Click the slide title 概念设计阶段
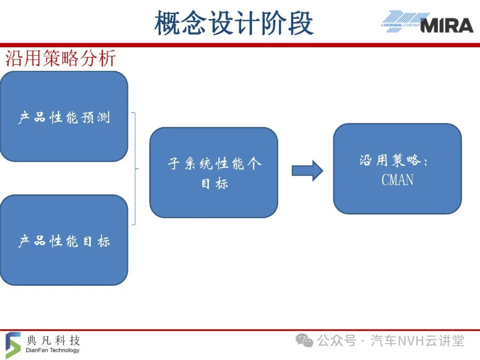(234, 23)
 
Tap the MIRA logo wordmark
(447, 25)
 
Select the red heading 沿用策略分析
(60, 58)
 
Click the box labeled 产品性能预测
(64, 116)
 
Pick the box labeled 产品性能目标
(64, 240)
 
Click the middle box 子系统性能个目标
(214, 172)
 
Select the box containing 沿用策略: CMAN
(397, 169)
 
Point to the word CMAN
(397, 180)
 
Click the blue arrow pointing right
(308, 171)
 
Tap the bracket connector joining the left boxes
(135, 169)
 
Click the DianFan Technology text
(52, 350)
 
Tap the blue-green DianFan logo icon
(13, 345)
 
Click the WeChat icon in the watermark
(304, 341)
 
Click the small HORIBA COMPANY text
(400, 25)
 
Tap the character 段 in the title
(300, 23)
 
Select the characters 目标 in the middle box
(214, 184)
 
